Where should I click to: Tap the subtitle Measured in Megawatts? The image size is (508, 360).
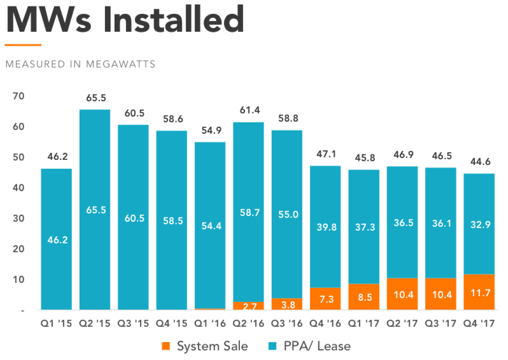[x=80, y=64]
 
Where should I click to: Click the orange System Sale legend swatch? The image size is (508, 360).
[x=166, y=346]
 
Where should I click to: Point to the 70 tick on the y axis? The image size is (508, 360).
[x=18, y=96]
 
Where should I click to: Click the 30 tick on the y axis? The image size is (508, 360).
[x=18, y=219]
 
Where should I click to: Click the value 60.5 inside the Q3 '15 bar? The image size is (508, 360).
[x=133, y=218]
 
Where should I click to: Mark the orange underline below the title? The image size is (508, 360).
[x=22, y=45]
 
